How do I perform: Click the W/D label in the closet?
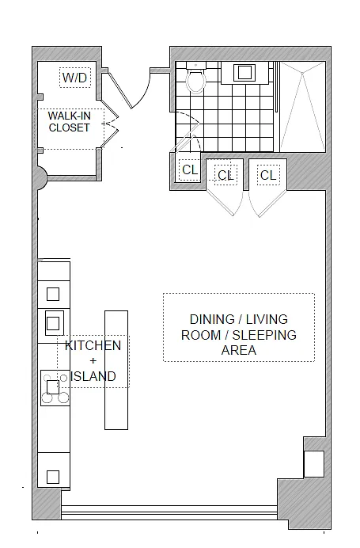pyautogui.click(x=74, y=78)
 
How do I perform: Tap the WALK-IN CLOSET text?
pyautogui.click(x=70, y=122)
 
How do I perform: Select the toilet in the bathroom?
pyautogui.click(x=195, y=78)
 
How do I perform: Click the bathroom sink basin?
pyautogui.click(x=244, y=73)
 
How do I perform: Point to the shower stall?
pyautogui.click(x=303, y=107)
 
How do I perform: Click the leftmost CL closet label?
pyautogui.click(x=190, y=169)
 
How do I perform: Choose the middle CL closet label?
pyautogui.click(x=225, y=175)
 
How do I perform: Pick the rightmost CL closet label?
pyautogui.click(x=268, y=175)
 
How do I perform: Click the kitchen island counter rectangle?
pyautogui.click(x=116, y=370)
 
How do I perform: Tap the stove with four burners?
pyautogui.click(x=55, y=388)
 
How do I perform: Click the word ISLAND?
pyautogui.click(x=93, y=376)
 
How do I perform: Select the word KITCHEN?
pyautogui.click(x=93, y=345)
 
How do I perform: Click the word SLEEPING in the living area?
pyautogui.click(x=264, y=335)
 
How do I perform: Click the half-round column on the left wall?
pyautogui.click(x=42, y=178)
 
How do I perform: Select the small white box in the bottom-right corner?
pyautogui.click(x=314, y=464)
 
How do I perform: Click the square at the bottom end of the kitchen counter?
pyautogui.click(x=53, y=477)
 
